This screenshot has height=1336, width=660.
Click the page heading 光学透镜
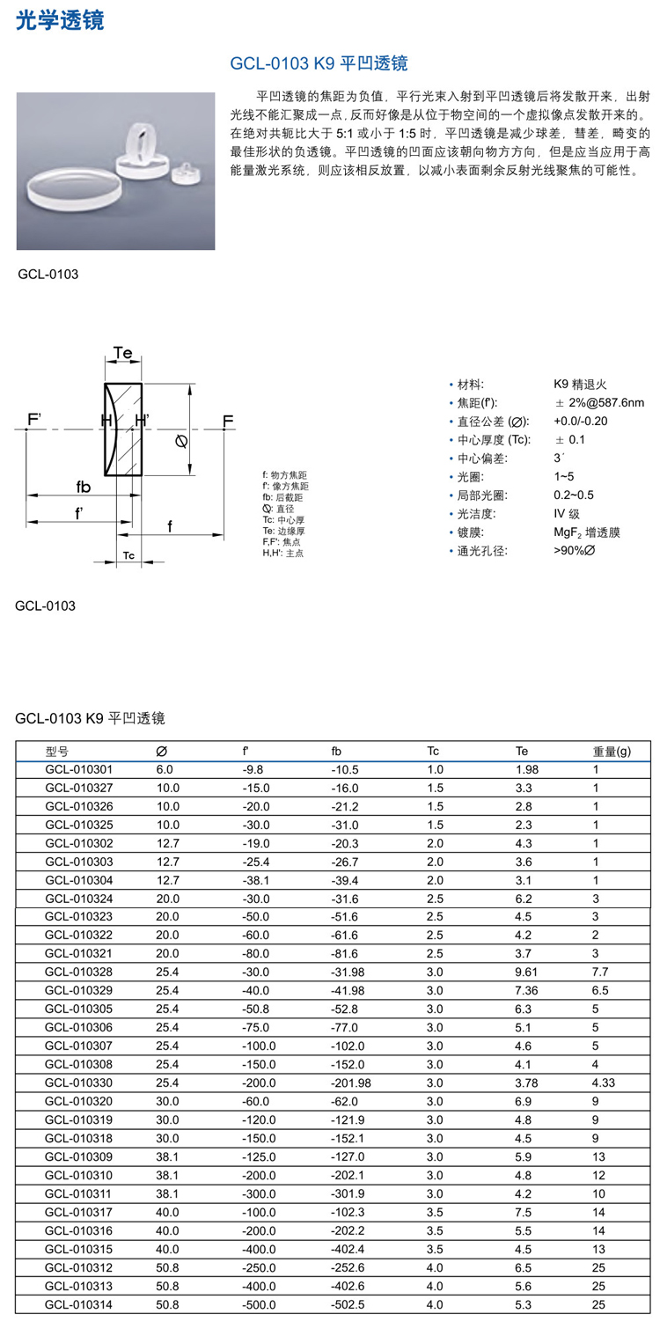60,20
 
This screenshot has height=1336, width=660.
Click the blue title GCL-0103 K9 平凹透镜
319,63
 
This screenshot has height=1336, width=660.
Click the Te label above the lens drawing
123,353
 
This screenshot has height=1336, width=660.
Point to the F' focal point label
34,419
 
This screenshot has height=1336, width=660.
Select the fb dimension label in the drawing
84,487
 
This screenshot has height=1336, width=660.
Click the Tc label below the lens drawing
128,555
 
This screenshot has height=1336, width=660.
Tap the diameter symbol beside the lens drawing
181,441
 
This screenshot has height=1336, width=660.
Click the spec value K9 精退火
580,384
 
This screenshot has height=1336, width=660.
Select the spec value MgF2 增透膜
587,532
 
